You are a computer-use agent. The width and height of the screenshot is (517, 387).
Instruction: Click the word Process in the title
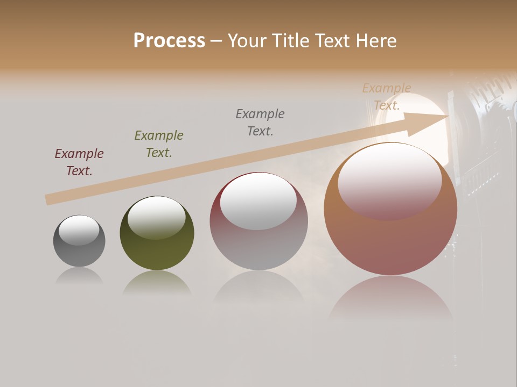[169, 41]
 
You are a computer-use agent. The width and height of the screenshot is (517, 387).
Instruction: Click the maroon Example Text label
[79, 162]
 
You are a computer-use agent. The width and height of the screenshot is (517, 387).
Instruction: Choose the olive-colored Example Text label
[159, 144]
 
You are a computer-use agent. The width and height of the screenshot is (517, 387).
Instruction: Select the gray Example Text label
[260, 123]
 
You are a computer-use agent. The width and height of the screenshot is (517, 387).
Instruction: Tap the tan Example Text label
[387, 97]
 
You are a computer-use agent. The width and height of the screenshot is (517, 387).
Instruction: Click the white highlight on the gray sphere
[79, 230]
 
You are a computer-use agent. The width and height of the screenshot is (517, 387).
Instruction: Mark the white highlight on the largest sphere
[389, 183]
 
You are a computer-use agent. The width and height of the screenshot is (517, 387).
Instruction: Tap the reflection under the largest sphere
[390, 298]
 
